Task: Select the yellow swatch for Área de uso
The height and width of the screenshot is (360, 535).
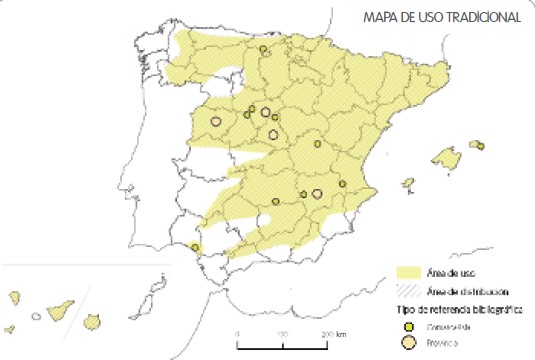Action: tap(407, 272)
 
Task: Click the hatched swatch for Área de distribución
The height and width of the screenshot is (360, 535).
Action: tap(407, 290)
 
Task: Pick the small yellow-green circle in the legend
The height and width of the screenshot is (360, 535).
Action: tap(408, 325)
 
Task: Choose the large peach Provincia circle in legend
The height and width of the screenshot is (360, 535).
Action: tap(408, 343)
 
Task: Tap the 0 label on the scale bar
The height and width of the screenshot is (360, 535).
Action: tap(238, 332)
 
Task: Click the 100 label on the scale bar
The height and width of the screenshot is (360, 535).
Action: tap(283, 332)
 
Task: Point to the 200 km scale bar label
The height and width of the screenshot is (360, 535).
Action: tap(333, 332)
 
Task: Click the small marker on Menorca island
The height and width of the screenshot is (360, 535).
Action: tap(480, 146)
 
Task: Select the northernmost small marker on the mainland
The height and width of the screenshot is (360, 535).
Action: tap(263, 49)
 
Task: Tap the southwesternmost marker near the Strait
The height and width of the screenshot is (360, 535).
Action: tap(195, 247)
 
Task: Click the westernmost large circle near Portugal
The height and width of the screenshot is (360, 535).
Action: tap(214, 122)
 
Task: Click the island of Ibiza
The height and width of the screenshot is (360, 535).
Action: tap(408, 184)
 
